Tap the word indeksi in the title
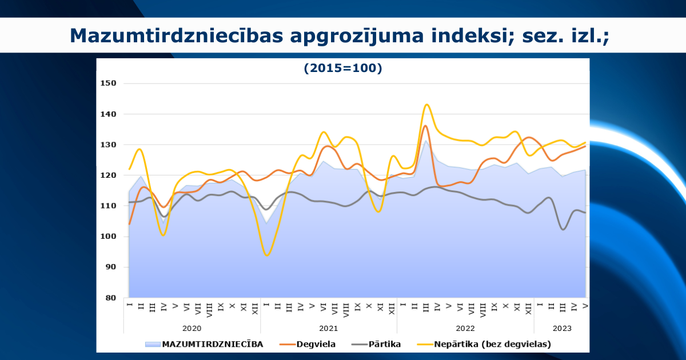tap(473, 35)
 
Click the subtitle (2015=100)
tap(343, 68)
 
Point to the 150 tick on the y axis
tap(109, 83)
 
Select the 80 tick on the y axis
tap(111, 298)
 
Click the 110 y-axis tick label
tap(109, 205)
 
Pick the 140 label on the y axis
tap(109, 114)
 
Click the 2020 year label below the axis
tap(192, 329)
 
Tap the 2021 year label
tap(328, 329)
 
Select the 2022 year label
tap(465, 329)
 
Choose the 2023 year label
tap(562, 329)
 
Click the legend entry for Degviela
tap(308, 344)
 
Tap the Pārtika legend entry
tap(376, 344)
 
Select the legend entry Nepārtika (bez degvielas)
tap(484, 344)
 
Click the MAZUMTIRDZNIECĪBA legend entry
tap(204, 344)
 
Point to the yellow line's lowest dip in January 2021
tap(267, 255)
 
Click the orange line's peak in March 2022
tap(425, 126)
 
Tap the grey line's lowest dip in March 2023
tap(563, 229)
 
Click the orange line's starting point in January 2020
tap(130, 224)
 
